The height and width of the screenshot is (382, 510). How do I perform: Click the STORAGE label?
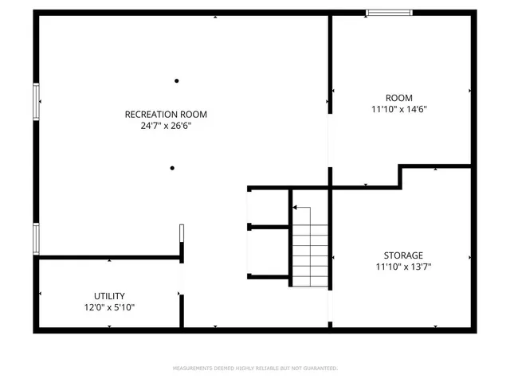click(403, 255)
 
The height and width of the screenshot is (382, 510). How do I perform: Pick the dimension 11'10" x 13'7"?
click(403, 267)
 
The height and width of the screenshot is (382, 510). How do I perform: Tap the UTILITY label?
click(109, 295)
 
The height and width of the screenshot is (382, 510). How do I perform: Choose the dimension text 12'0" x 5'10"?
click(109, 307)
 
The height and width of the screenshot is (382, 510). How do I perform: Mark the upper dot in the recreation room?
click(176, 80)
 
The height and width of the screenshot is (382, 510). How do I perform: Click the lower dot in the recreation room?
click(171, 168)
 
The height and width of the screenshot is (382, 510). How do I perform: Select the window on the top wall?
click(389, 13)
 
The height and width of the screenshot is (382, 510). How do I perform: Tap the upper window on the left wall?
click(36, 101)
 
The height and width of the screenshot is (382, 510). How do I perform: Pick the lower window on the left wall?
click(36, 238)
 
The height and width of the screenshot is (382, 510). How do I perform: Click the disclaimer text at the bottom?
click(255, 368)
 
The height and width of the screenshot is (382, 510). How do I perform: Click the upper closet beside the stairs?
click(269, 209)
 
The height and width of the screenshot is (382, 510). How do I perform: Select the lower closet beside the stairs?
click(269, 252)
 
